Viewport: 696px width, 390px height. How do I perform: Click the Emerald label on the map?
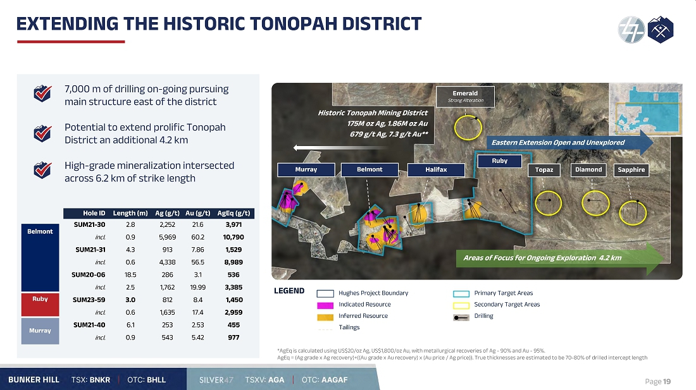pos(465,96)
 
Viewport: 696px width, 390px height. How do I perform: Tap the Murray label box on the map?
pos(306,169)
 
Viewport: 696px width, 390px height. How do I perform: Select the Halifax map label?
pos(436,169)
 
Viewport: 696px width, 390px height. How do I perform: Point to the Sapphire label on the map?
pos(631,170)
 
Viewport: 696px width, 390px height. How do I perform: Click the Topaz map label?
pos(544,170)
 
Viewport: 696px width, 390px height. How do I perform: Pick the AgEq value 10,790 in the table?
pos(233,237)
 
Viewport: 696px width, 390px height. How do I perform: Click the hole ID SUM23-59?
pos(89,300)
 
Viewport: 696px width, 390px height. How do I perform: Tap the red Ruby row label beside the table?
pos(40,305)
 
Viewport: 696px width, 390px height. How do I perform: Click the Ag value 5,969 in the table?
pos(167,237)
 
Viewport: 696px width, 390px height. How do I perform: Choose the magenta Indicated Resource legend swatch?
pos(325,305)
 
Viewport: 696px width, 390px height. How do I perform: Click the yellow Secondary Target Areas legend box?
pos(461,305)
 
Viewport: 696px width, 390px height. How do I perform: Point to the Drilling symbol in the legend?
pos(461,317)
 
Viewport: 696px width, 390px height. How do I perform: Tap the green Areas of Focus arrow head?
pos(655,259)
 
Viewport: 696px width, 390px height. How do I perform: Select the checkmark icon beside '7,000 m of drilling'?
pos(42,93)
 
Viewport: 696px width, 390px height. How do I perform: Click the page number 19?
pos(666,382)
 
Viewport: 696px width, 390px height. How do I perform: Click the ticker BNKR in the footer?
pos(100,380)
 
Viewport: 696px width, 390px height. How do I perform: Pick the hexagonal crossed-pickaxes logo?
pos(661,30)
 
